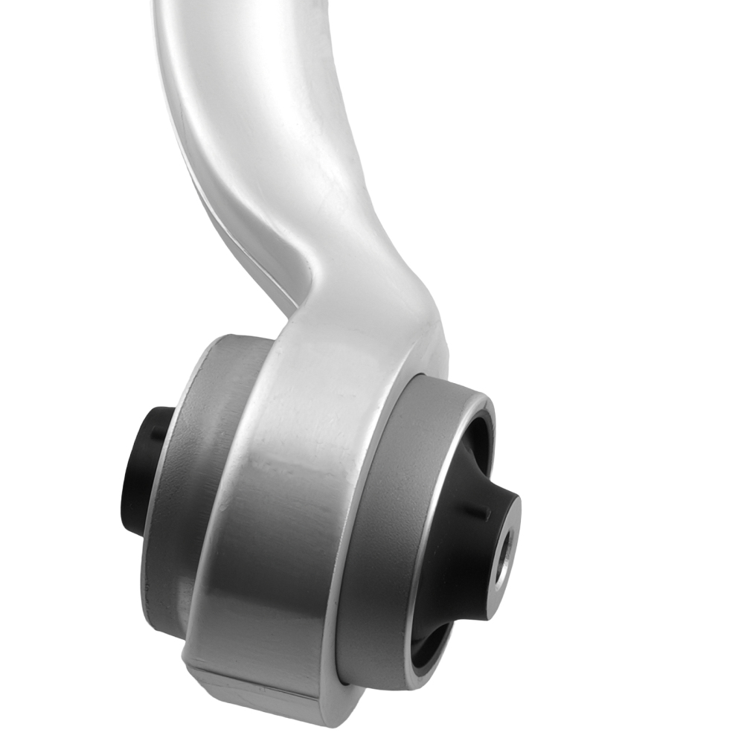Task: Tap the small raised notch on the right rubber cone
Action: pos(486,513)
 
